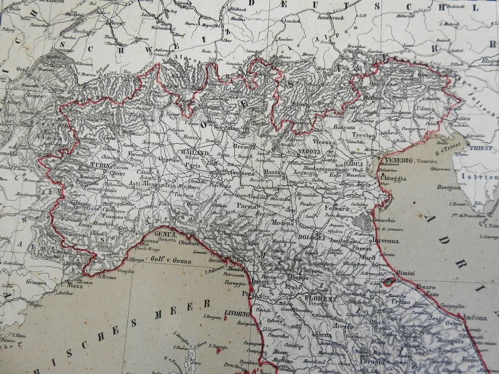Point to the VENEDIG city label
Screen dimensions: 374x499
pos(398,160)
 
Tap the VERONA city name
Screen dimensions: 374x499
pos(309,152)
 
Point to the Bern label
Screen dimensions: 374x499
pos(115,23)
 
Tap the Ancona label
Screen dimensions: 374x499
pos(475,318)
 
